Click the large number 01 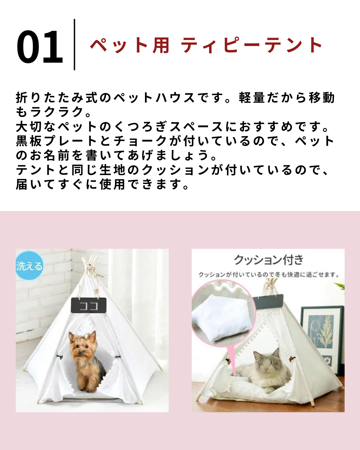(40, 46)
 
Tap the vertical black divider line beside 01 (74, 45)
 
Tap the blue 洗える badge (29, 266)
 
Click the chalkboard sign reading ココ (89, 306)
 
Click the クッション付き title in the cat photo (268, 260)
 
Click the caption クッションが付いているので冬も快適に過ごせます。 (269, 275)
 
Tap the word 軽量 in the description (252, 98)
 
